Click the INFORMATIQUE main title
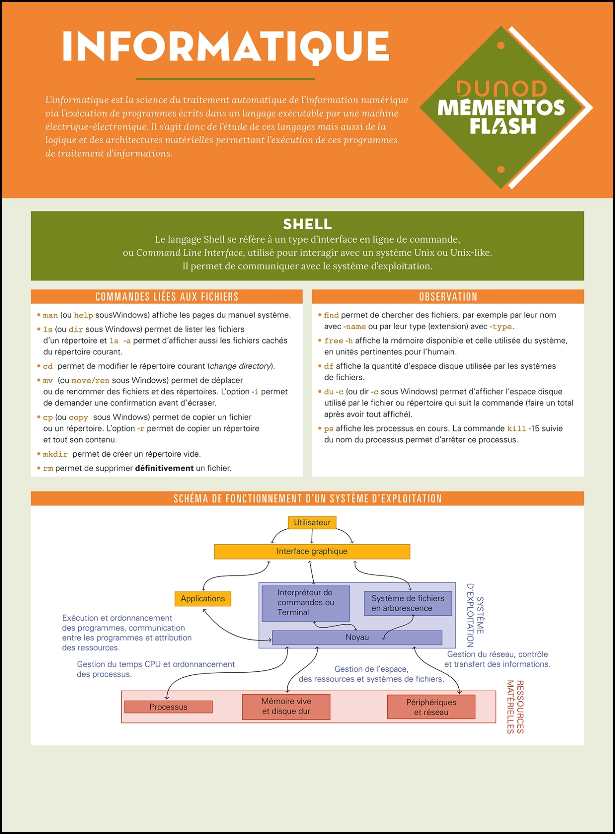coord(225,46)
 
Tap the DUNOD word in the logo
coord(501,89)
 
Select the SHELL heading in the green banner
coord(307,224)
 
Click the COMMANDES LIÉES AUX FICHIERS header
coord(166,297)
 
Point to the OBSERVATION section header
coord(448,297)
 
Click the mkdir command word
coord(55,454)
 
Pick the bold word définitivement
coord(164,468)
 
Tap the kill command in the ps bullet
coord(516,429)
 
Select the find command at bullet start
coord(331,315)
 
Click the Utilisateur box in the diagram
coord(312,522)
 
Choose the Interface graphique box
coord(312,551)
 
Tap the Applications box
coord(203,598)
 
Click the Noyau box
coord(357,637)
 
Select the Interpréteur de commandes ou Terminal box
coord(306,603)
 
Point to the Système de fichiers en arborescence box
coord(408,603)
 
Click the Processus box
coord(168,707)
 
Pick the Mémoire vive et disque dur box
coord(286,707)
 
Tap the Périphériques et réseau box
coord(431,707)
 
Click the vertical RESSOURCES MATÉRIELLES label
coord(515,707)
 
